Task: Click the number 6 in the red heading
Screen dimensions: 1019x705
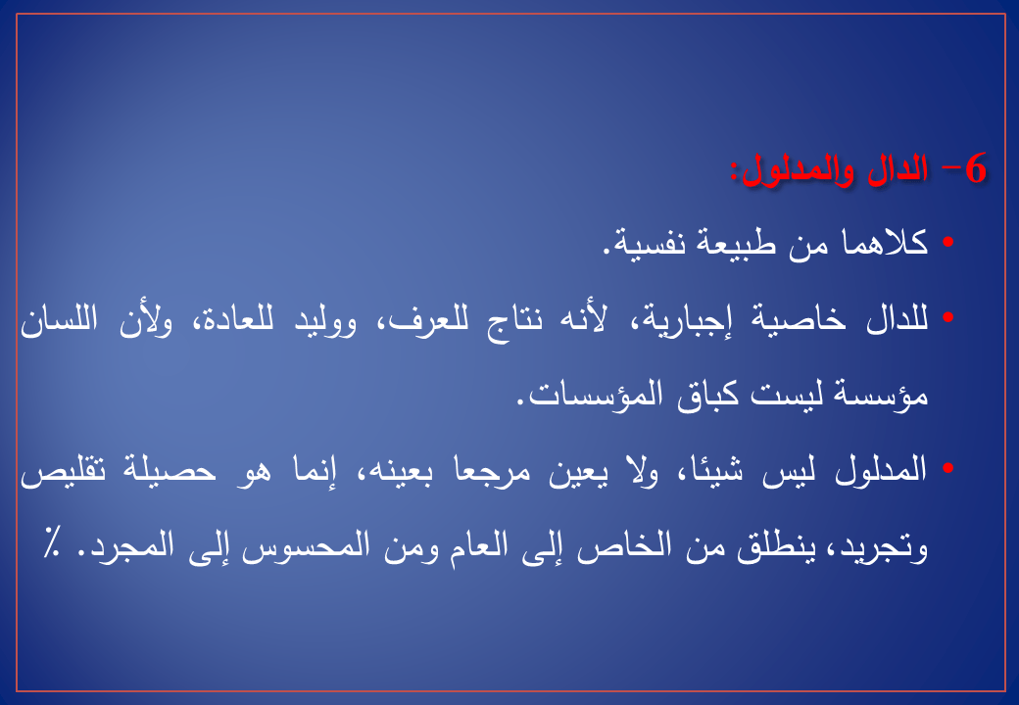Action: tap(976, 168)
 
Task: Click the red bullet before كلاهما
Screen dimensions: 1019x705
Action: tap(947, 242)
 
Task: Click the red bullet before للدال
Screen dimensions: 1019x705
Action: tap(947, 317)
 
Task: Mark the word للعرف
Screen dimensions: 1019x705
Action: tap(413, 319)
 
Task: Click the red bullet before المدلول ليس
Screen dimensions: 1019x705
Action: tap(947, 468)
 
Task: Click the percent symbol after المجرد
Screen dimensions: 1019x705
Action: tap(50, 540)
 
